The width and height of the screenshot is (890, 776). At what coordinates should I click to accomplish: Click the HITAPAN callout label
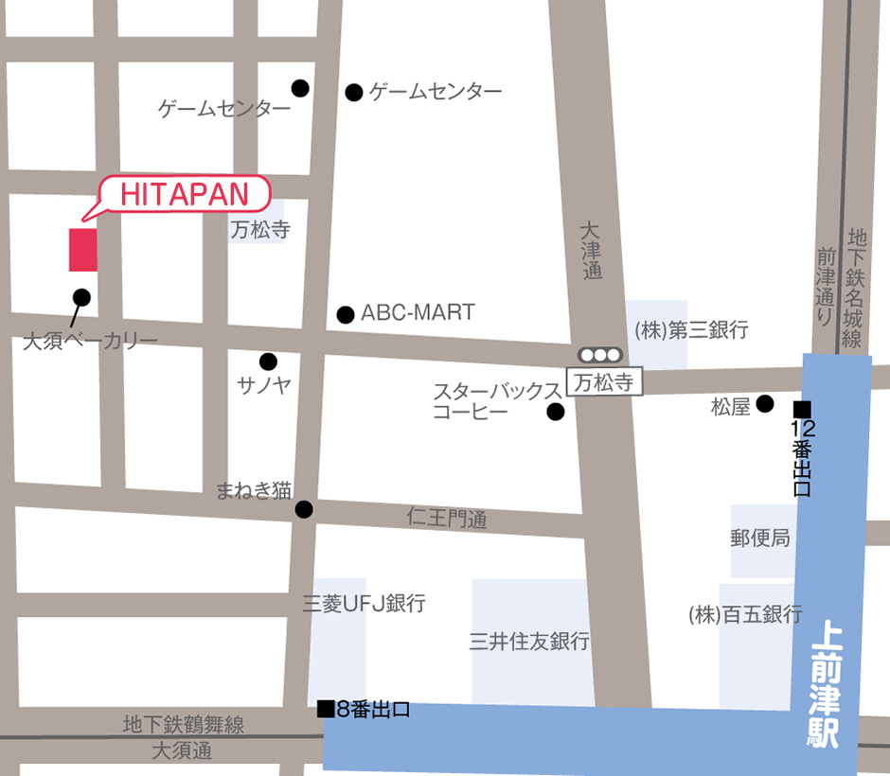(x=184, y=195)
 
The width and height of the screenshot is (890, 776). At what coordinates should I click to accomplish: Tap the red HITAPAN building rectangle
(x=83, y=249)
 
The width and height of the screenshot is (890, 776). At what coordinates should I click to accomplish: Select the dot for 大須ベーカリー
(x=81, y=297)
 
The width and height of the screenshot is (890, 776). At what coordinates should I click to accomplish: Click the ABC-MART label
(x=418, y=313)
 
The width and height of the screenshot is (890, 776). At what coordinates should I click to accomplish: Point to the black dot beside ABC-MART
(x=346, y=314)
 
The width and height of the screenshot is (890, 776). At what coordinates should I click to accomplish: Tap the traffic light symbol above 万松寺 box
(x=600, y=355)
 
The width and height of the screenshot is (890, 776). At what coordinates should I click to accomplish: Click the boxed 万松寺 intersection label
(x=604, y=381)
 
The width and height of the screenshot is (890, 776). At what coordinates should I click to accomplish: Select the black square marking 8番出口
(x=326, y=708)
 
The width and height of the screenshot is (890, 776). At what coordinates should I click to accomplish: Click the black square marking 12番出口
(x=802, y=409)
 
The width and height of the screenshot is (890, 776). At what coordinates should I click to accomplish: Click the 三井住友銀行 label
(x=529, y=642)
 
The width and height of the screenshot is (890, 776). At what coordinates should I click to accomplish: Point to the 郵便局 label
(x=760, y=538)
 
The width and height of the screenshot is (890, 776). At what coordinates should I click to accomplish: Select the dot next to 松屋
(x=764, y=403)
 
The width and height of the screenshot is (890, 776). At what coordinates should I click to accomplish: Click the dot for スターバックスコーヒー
(x=556, y=412)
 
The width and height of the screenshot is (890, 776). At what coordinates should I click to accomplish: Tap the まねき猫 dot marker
(x=304, y=509)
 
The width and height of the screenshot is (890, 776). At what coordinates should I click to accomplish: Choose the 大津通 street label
(x=591, y=250)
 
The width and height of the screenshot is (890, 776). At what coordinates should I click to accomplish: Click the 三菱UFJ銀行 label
(x=364, y=603)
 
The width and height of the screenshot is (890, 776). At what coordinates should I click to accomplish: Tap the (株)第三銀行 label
(x=691, y=330)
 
